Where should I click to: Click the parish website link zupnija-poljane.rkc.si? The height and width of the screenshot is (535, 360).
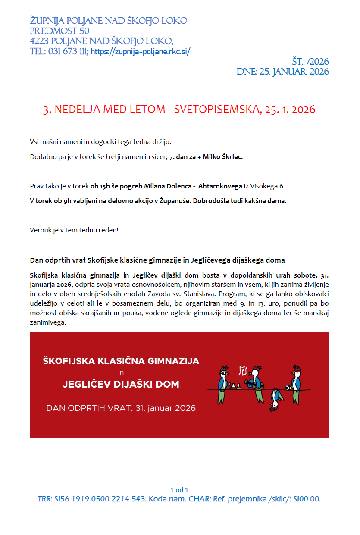[x=140, y=52]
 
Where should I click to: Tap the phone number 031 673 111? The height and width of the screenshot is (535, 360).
[x=67, y=52]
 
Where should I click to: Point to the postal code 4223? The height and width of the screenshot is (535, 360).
[x=39, y=41]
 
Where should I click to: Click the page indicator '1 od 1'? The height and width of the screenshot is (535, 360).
[x=179, y=490]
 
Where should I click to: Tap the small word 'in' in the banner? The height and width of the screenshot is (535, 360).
[x=121, y=372]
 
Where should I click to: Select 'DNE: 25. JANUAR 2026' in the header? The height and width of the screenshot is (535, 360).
[x=282, y=72]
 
